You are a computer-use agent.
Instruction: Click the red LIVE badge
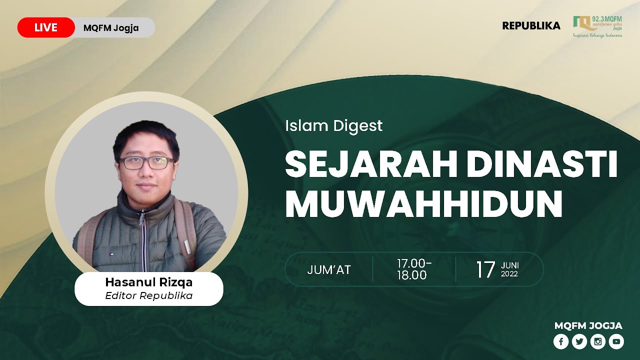coord(46,27)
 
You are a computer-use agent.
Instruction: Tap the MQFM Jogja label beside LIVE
coord(111,27)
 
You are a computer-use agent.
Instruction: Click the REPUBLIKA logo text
coord(531,26)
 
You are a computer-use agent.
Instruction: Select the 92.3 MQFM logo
coord(597,26)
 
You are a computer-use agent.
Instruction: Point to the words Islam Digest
coord(333,125)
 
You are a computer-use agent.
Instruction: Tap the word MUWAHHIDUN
coord(424,204)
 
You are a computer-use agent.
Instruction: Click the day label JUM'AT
coord(329,270)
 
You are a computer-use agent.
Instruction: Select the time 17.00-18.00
coord(414,269)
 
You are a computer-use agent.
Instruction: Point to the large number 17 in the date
coord(485,269)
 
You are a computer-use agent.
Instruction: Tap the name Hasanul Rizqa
coord(148,282)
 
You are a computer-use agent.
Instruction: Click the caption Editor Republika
coord(148,295)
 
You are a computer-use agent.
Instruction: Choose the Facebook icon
coord(561,341)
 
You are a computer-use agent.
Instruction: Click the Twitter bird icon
coord(579,341)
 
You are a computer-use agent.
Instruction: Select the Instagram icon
coord(598,341)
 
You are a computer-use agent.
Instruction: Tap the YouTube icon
coord(616,341)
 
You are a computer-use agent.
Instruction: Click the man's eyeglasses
coord(146,162)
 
